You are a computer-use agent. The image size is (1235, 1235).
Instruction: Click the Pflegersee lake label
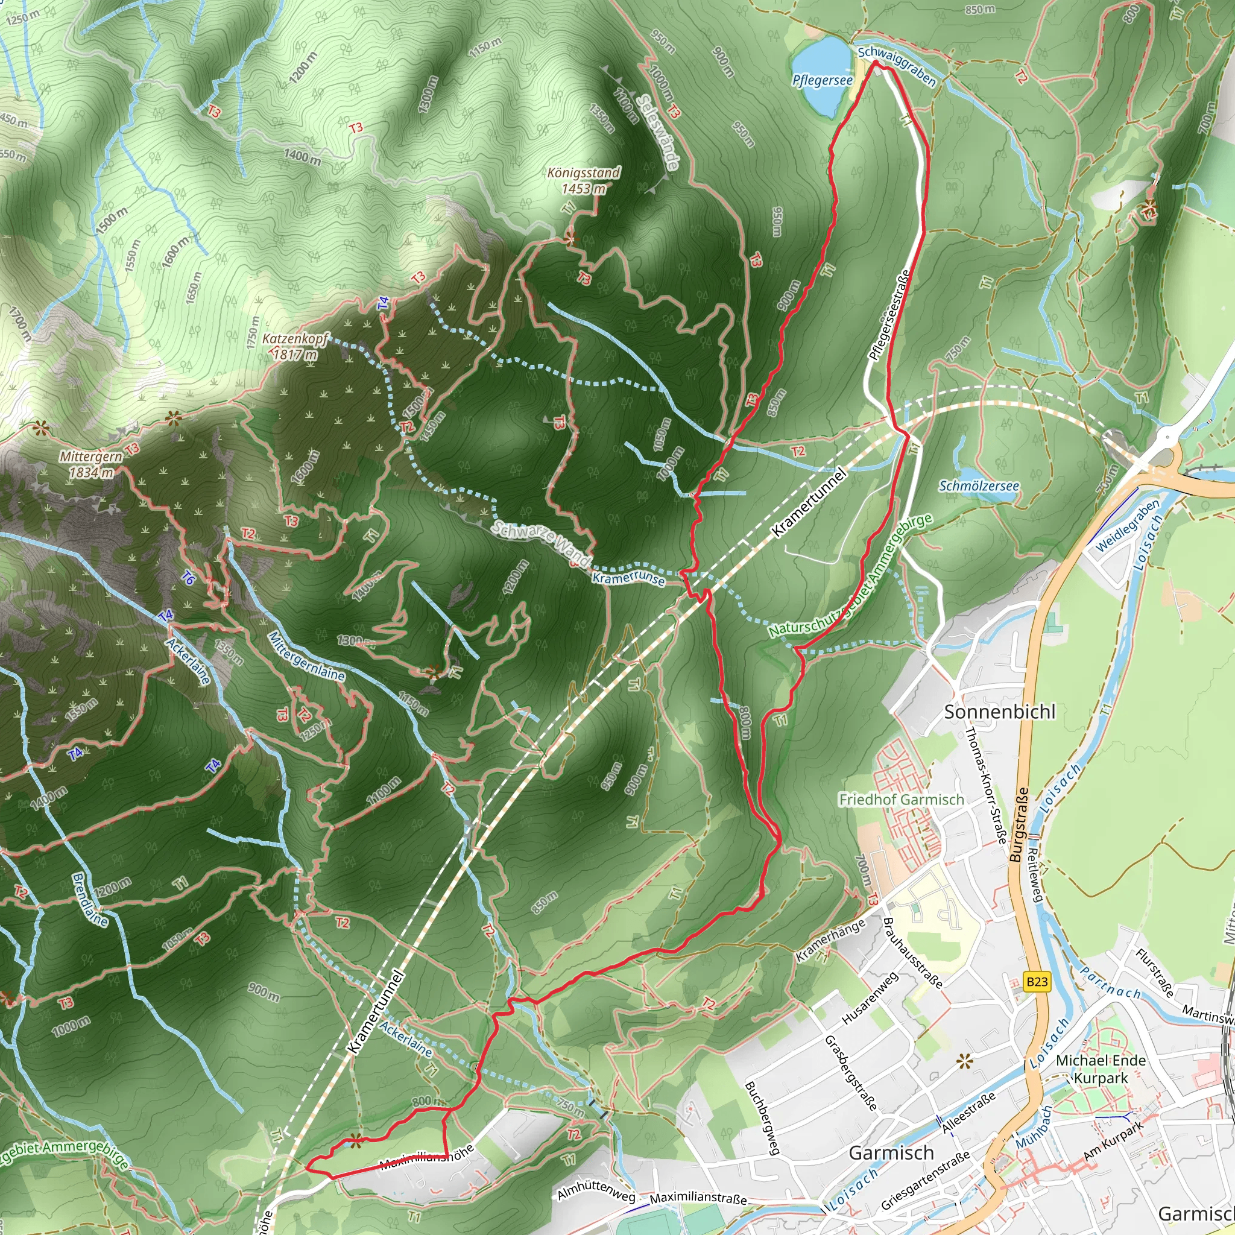[x=822, y=81]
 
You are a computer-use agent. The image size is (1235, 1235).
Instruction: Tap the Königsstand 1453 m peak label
[x=584, y=181]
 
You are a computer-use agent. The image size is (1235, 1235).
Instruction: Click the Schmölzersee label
[x=979, y=487]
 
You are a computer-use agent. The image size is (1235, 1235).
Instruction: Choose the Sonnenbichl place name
[x=1000, y=712]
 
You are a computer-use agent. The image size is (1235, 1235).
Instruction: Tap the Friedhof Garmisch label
[x=902, y=800]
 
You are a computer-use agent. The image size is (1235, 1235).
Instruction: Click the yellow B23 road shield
[x=1037, y=982]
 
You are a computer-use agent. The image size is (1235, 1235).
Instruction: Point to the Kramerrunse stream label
[x=628, y=578]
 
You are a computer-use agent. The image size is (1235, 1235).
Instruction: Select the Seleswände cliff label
[x=658, y=133]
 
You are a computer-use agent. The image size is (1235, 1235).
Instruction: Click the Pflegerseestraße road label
[x=890, y=315]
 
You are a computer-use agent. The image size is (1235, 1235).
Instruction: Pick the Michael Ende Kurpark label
[x=1101, y=1069]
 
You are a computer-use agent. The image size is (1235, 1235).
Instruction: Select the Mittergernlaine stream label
[x=306, y=657]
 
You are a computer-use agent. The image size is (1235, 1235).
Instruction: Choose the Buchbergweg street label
[x=763, y=1118]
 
